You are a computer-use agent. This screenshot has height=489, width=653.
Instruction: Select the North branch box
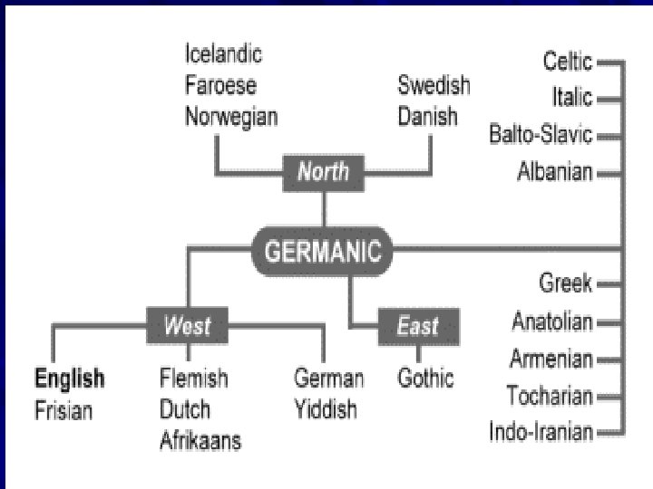coord(323,172)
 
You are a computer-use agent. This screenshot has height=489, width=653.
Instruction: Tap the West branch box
coord(187,325)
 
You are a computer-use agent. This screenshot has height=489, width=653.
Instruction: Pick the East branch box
coord(417,325)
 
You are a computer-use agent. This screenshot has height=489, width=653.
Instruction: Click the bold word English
coord(69,378)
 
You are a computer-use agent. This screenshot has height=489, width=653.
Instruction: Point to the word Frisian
coord(63,410)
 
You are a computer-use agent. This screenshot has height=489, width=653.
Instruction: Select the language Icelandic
coord(223,54)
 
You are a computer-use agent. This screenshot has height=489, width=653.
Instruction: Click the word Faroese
coord(220,86)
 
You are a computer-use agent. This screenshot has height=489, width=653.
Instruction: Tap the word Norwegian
coord(231,117)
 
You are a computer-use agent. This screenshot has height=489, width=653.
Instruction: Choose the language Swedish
coord(434,86)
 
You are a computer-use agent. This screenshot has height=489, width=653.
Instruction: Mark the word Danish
coord(428,117)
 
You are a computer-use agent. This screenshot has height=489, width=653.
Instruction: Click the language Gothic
coord(425,378)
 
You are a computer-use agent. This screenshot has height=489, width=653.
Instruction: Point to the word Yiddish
coord(326,410)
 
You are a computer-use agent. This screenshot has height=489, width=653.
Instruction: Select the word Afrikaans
coord(200,441)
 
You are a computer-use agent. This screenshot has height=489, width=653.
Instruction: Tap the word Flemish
coord(193,378)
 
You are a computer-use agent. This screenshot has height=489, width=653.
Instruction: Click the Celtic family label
coord(567,62)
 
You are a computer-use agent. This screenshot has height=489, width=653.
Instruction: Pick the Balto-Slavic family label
coord(541,135)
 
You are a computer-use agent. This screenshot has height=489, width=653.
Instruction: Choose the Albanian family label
coord(554,171)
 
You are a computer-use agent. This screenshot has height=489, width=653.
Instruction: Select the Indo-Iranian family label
coord(541,431)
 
